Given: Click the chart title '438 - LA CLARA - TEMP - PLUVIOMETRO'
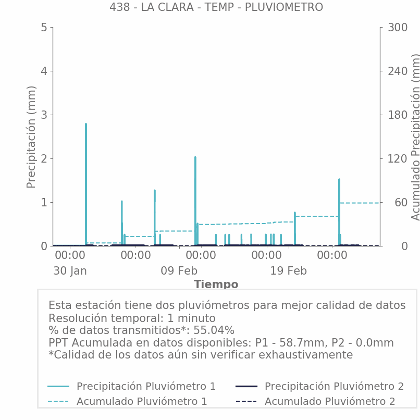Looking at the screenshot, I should [216, 7].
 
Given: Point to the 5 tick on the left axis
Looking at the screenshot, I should [44, 28].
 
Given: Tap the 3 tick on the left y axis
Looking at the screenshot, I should [44, 115].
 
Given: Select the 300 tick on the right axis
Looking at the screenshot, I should [397, 28].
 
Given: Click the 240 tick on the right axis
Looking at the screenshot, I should [397, 71].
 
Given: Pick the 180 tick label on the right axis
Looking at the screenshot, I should [397, 115].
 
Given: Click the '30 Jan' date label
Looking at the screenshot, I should [70, 271].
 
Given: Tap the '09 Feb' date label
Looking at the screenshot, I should [179, 271].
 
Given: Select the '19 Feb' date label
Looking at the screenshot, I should [288, 271].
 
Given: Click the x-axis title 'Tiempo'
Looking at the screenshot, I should [216, 285].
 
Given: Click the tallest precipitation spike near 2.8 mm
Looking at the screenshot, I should [86, 125].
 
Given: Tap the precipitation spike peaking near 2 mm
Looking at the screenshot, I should [195, 158].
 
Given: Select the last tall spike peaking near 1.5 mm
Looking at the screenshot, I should [339, 180].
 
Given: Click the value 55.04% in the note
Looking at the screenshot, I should [214, 330].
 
